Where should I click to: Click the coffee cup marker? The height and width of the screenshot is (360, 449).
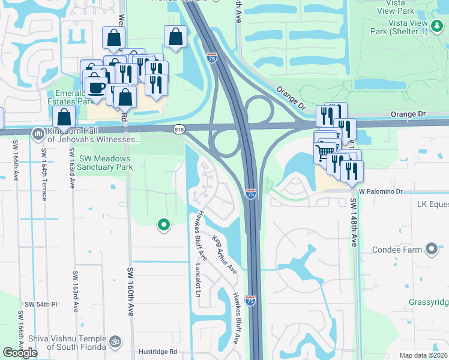(x=96, y=88)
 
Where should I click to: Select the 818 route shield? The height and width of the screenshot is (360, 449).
(x=179, y=129)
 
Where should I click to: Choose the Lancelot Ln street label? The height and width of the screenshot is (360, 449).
(x=197, y=280)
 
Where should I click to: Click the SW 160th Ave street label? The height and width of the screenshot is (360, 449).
(x=130, y=292)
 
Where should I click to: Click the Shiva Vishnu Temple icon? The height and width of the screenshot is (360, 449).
(x=116, y=341)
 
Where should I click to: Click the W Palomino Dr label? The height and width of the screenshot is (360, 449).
(x=388, y=191)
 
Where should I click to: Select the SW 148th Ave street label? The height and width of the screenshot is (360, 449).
(x=355, y=223)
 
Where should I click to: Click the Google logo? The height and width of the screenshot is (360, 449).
(x=20, y=352)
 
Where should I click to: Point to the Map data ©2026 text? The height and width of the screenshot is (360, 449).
(x=423, y=355)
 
